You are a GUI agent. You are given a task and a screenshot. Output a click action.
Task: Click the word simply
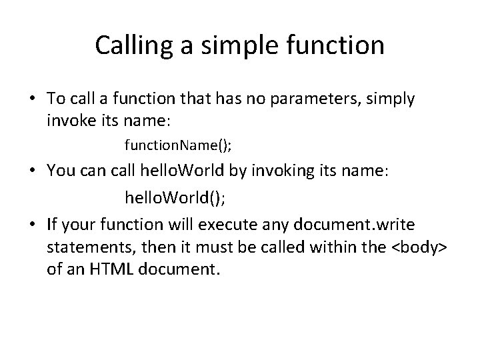[392, 99]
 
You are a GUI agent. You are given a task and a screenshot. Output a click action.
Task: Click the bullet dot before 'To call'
[31, 100]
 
